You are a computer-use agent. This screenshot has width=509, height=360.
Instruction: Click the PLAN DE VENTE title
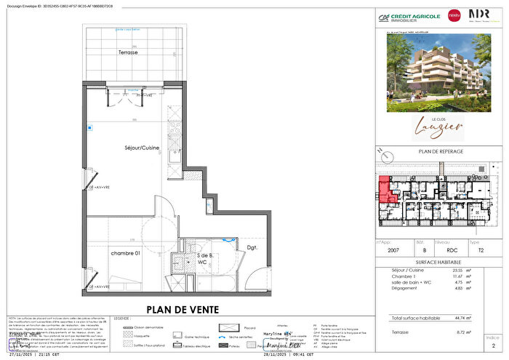tap(183, 309)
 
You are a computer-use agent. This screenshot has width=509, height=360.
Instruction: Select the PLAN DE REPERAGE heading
tap(442, 151)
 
